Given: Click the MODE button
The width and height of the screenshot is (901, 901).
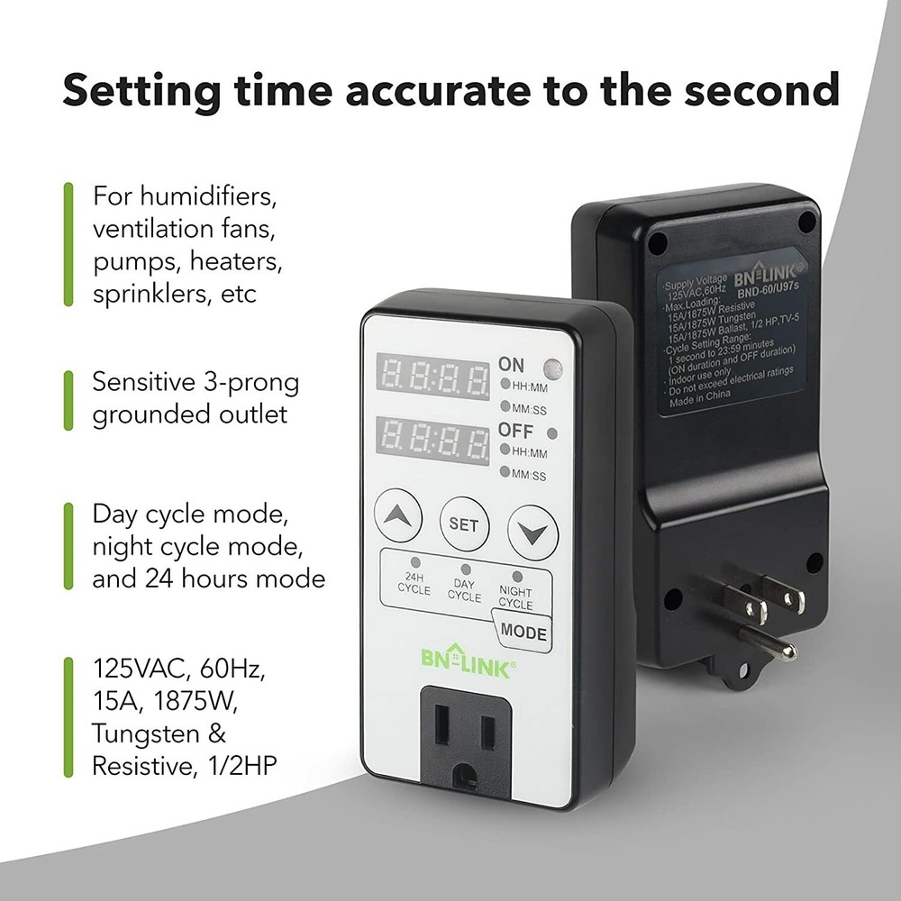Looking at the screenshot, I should pyautogui.click(x=523, y=633).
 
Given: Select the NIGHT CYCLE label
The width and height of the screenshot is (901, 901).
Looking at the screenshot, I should pyautogui.click(x=515, y=596).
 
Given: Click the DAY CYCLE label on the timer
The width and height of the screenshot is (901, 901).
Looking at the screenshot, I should pyautogui.click(x=465, y=589).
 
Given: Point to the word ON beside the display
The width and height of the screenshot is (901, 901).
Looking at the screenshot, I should pyautogui.click(x=511, y=365).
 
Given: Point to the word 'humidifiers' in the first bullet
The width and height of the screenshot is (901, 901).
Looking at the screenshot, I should pyautogui.click(x=199, y=195).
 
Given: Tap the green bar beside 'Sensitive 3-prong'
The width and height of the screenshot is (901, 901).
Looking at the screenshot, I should pyautogui.click(x=68, y=398).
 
